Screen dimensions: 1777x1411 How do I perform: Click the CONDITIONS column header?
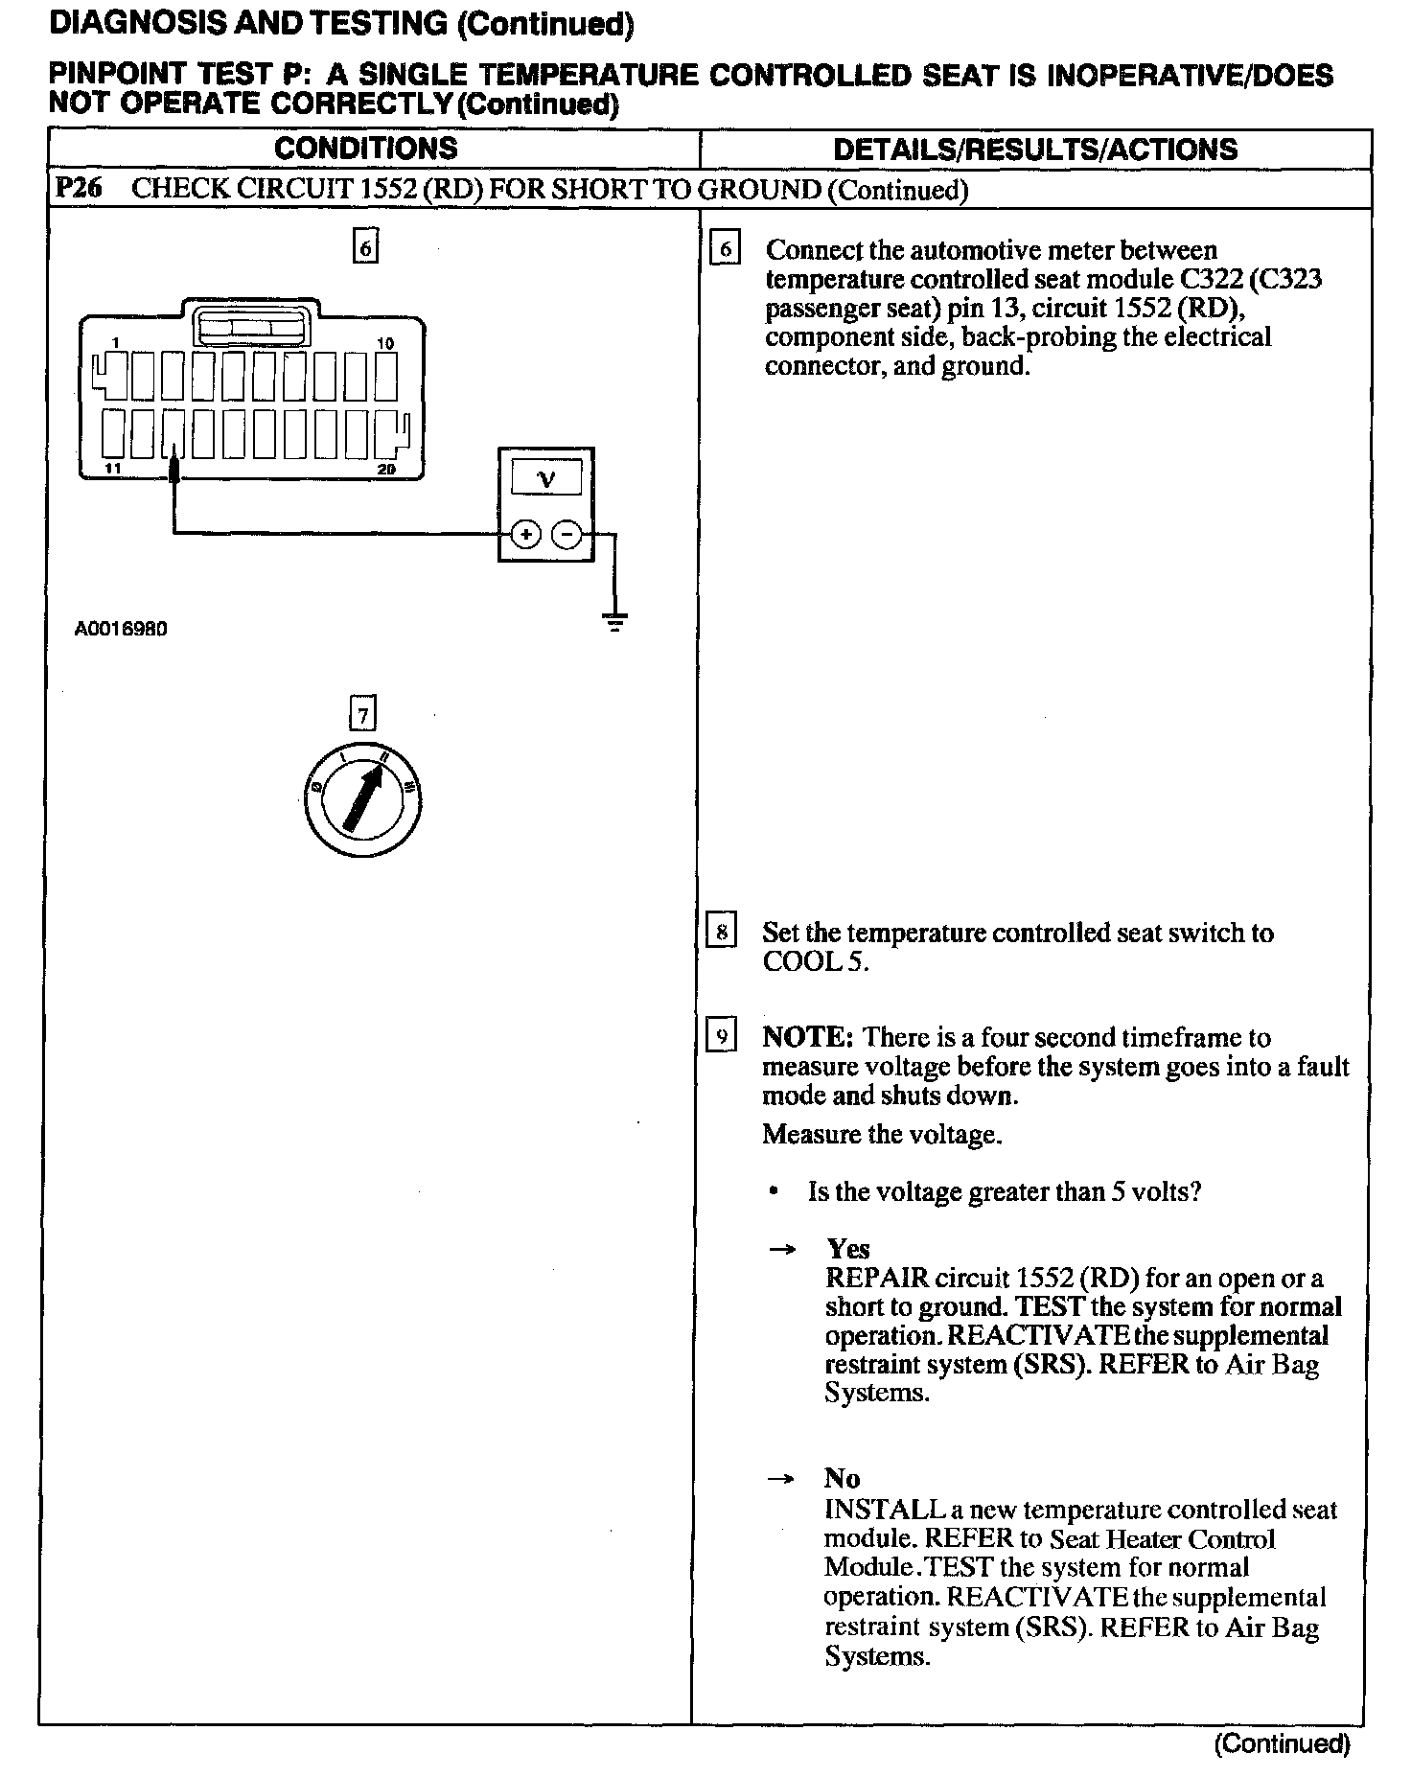pos(366,149)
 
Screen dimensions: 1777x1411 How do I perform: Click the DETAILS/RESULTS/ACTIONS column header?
pos(1035,150)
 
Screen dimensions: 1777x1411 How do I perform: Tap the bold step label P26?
pos(79,188)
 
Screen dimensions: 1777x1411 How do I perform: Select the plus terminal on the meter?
pos(525,535)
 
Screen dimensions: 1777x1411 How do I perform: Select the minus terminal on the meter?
pos(568,535)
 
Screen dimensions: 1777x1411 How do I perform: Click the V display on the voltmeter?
pos(545,477)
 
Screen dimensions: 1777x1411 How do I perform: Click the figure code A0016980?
pos(121,630)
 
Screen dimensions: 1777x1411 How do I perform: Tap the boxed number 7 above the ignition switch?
pos(362,714)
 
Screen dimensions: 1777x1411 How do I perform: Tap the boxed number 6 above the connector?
pos(365,248)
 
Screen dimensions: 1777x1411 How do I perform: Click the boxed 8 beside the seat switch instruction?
pos(721,933)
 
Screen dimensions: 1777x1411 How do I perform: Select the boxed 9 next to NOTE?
pos(721,1037)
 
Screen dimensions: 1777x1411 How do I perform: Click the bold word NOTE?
pos(806,1037)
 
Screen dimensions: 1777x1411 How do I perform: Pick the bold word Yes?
pos(848,1249)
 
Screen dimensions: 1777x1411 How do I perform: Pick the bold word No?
pos(842,1478)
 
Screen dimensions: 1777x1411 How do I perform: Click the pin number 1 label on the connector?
pos(114,343)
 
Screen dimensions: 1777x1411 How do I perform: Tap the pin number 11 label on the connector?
pos(114,469)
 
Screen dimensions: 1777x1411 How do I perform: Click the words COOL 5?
pos(815,962)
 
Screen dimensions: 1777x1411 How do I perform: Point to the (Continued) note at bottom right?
pos(1283,1743)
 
